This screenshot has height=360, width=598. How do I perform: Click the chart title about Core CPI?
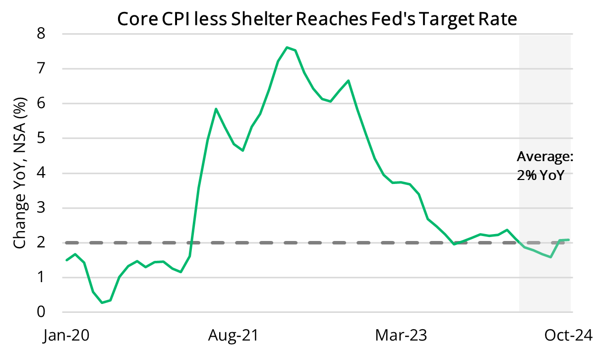(x=317, y=19)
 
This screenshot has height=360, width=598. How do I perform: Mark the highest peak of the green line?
(x=287, y=47)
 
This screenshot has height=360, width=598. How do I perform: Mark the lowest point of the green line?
(x=102, y=302)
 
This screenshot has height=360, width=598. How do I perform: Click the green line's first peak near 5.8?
(x=216, y=109)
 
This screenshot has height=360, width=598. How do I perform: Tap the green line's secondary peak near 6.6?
(x=349, y=80)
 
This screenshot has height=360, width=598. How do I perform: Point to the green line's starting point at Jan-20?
(x=66, y=260)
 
